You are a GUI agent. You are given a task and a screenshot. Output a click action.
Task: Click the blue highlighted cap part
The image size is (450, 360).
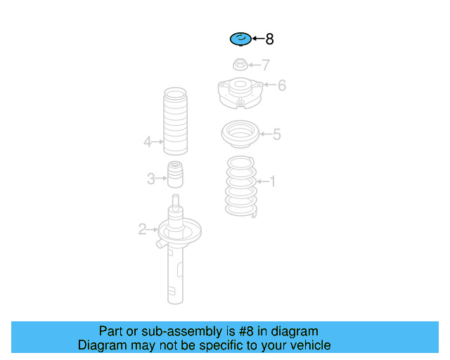[x=240, y=39]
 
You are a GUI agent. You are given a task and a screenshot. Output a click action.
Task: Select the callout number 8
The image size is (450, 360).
[x=269, y=39]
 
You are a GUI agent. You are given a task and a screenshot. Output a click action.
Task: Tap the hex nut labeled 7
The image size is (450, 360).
[x=240, y=64]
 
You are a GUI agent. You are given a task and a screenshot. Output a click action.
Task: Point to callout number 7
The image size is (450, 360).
[x=266, y=65]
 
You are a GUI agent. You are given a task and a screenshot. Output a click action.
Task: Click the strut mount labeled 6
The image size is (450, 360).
[x=240, y=93]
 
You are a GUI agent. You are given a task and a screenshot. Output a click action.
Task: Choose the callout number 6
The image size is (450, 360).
[x=282, y=85]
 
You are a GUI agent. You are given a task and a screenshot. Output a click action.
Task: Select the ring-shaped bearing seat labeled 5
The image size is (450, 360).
[x=240, y=134]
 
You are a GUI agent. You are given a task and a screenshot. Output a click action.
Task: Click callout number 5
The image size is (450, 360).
[x=276, y=134]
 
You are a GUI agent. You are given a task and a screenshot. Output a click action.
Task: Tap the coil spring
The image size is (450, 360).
[x=240, y=186]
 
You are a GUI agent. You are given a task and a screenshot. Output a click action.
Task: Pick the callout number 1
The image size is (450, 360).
[x=272, y=181]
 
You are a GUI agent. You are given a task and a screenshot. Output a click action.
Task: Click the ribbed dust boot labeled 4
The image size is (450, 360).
[x=175, y=121]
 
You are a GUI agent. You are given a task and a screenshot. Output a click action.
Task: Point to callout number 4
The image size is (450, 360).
[x=147, y=142]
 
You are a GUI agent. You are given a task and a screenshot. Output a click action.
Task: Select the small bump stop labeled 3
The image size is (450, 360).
[x=175, y=174]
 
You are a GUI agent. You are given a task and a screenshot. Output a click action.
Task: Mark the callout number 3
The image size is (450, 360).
[x=151, y=179]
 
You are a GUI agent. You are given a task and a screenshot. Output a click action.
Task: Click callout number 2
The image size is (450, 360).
[x=142, y=229]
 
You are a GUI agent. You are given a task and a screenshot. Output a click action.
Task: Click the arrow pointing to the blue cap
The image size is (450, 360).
[x=258, y=39]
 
